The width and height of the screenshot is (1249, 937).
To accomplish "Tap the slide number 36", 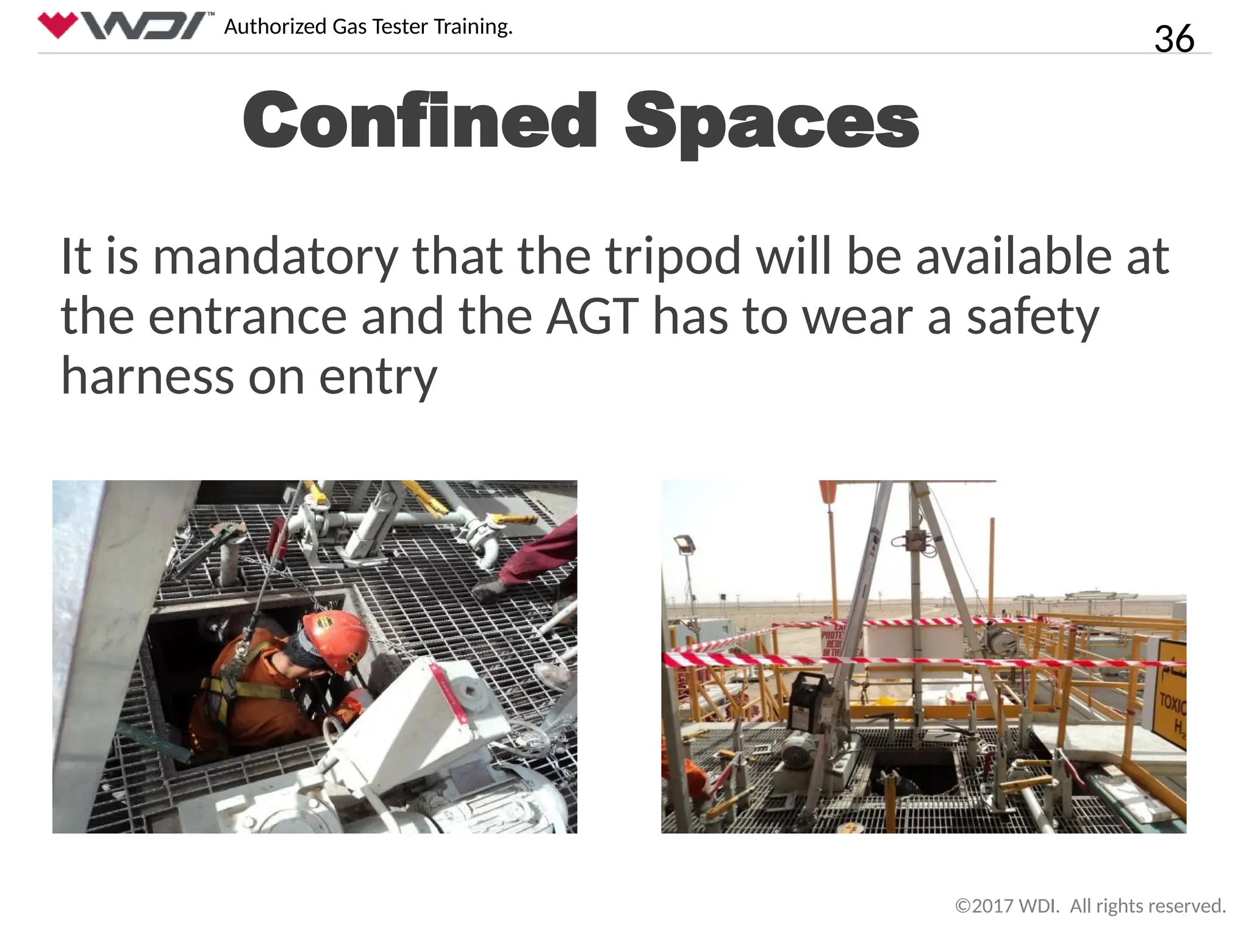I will pyautogui.click(x=1173, y=38).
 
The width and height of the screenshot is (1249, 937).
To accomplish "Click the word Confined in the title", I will pyautogui.click(x=420, y=120).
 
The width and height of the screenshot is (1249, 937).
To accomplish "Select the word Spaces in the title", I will pyautogui.click(x=771, y=121).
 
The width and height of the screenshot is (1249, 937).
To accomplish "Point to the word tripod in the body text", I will pyautogui.click(x=673, y=256).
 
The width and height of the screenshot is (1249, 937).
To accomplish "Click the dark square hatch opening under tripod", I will pyautogui.click(x=912, y=771).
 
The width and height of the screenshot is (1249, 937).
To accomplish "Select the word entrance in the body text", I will pyautogui.click(x=248, y=316).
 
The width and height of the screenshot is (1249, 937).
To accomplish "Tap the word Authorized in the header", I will pyautogui.click(x=276, y=27).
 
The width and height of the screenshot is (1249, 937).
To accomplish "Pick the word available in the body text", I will pyautogui.click(x=1013, y=256).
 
